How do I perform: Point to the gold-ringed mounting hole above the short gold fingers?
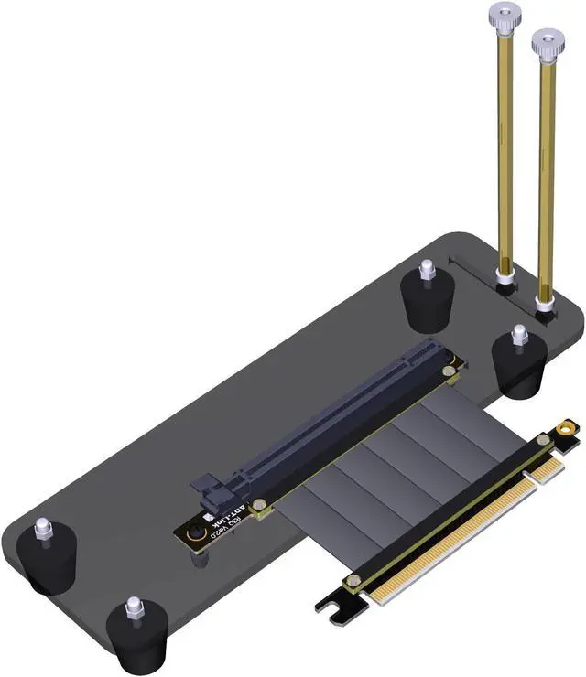pos(569,427)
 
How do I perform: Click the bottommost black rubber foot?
pos(137,631)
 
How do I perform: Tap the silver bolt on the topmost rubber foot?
pos(426,271)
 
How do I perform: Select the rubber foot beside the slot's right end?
pos(518,366)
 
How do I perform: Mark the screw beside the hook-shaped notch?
pos(351,582)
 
